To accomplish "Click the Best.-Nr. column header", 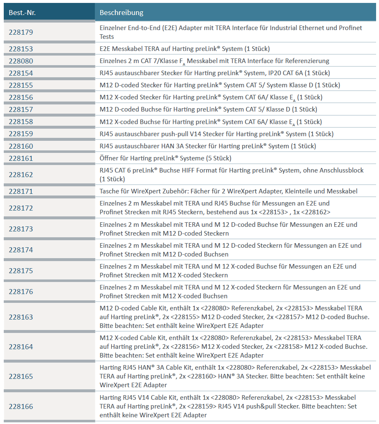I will (x=22, y=13).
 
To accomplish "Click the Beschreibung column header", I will (x=121, y=13).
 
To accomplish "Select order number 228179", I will (x=21, y=32).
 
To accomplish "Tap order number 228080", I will (x=21, y=61).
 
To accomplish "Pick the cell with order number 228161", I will (x=21, y=158).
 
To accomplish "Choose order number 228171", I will (x=21, y=191).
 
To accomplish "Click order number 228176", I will (x=21, y=292).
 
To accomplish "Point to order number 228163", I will (x=21, y=317).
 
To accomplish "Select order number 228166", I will (x=21, y=406).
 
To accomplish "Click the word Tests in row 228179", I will (x=107, y=37).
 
